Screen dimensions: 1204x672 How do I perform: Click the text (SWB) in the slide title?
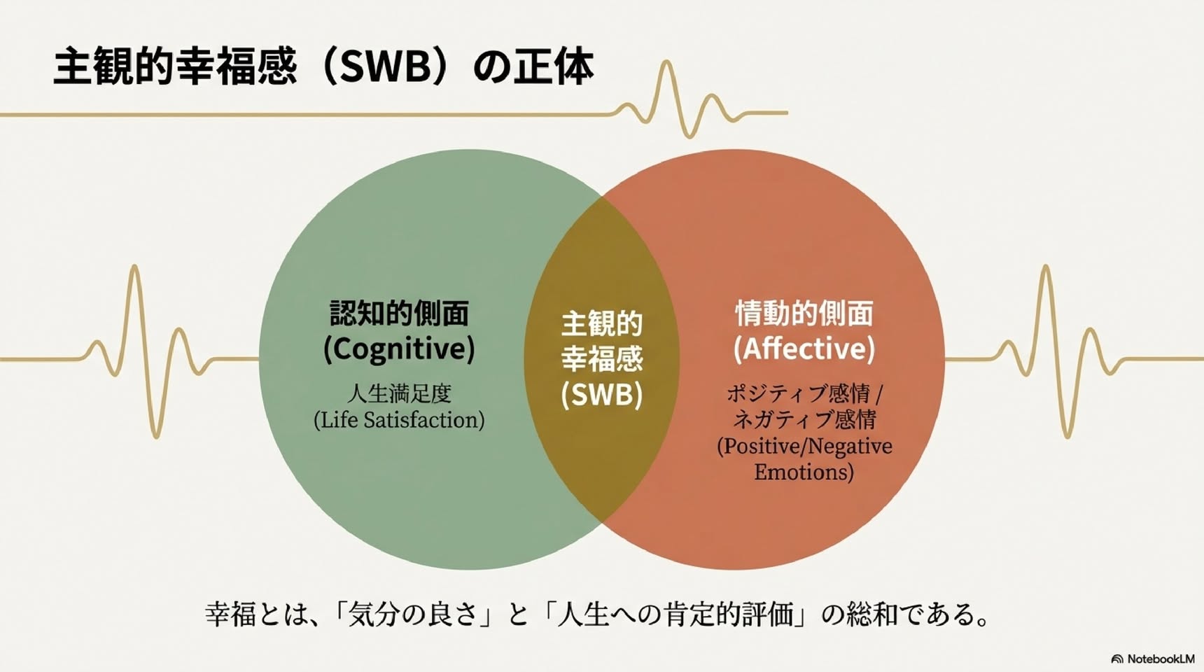[384, 66]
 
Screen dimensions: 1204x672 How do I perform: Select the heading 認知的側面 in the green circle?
[399, 314]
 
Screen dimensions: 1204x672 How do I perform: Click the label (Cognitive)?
[399, 349]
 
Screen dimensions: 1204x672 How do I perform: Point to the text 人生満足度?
[399, 393]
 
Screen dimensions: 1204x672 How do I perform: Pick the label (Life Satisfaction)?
[399, 420]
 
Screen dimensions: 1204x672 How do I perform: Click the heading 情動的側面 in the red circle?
[804, 314]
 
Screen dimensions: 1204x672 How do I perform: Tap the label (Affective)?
[804, 349]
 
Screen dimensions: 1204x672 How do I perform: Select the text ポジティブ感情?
[798, 393]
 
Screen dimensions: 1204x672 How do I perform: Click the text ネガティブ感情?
[804, 419]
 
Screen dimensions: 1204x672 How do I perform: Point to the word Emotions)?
[804, 472]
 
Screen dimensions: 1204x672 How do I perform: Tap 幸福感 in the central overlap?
[601, 359]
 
